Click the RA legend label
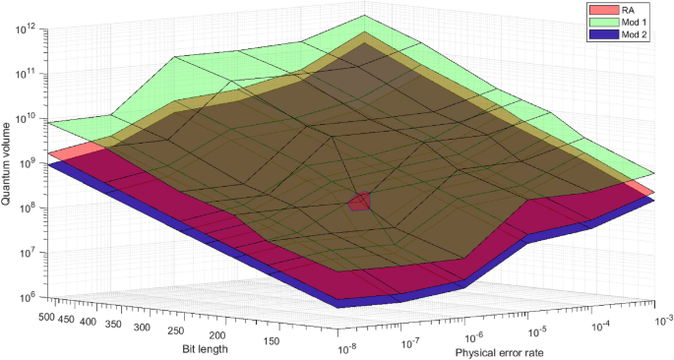(x=624, y=9)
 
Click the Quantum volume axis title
(x=8, y=162)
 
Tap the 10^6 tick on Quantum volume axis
(x=22, y=296)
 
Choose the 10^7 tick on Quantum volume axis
(x=22, y=252)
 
